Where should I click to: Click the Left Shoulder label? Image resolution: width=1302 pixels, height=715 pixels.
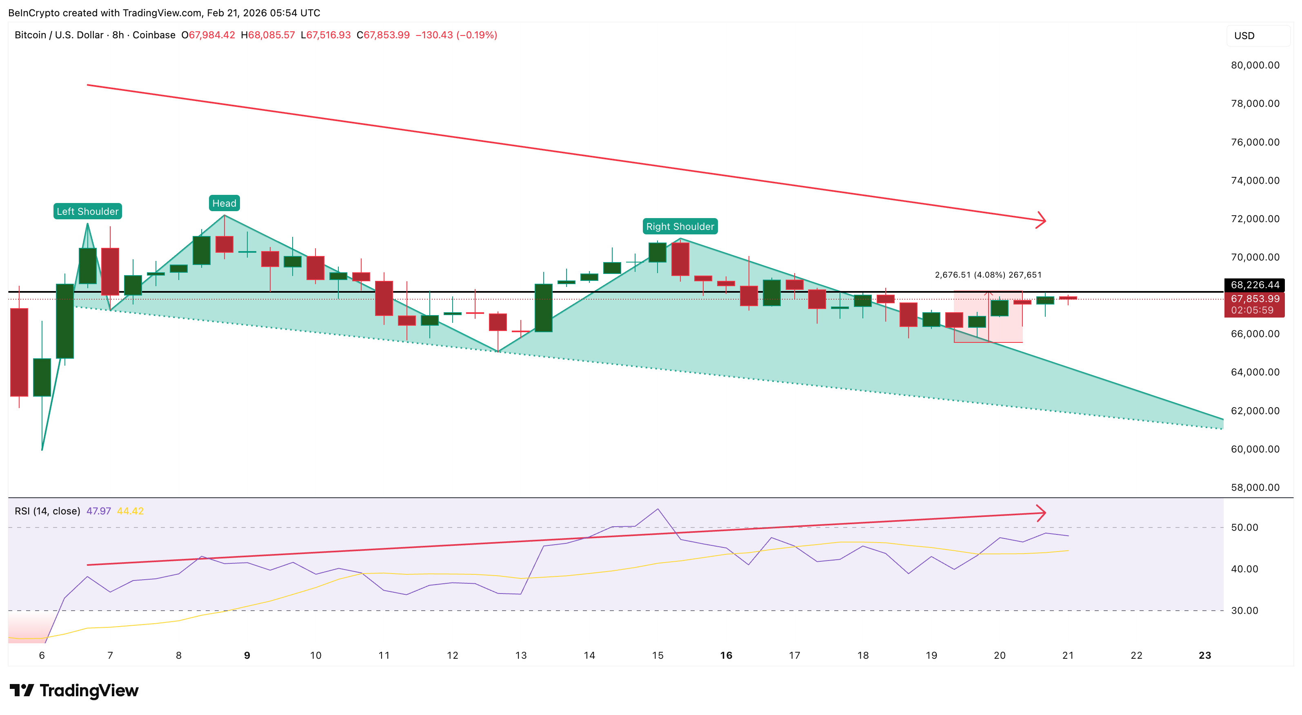87,211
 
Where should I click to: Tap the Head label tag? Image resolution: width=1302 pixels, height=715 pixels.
224,203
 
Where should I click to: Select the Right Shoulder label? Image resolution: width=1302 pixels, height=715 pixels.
680,226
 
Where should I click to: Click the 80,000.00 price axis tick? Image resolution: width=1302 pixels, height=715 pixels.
1255,65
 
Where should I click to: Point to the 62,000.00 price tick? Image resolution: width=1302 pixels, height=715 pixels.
1255,410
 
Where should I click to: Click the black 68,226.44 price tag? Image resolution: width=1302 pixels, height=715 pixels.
1255,285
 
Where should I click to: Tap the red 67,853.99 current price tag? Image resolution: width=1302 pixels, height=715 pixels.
1255,299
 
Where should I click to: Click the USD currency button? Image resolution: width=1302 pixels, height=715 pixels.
1244,36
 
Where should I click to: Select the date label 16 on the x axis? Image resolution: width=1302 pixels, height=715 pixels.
726,655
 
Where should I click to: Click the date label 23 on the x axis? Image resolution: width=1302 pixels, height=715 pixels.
1204,655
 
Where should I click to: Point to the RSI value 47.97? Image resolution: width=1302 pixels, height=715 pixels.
98,511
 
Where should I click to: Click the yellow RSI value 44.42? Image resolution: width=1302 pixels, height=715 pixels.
130,511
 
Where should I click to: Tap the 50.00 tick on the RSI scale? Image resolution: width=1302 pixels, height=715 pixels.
1244,527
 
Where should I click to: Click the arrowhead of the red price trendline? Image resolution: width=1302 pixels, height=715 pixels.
1042,220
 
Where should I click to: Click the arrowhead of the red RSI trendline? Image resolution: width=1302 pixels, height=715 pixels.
1042,513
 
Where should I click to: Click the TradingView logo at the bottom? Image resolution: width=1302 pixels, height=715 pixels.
74,690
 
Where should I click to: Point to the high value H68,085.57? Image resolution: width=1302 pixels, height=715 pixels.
268,35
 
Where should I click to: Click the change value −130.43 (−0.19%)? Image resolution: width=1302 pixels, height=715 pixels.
456,35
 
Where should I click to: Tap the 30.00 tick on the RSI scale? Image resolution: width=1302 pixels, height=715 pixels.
1244,611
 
